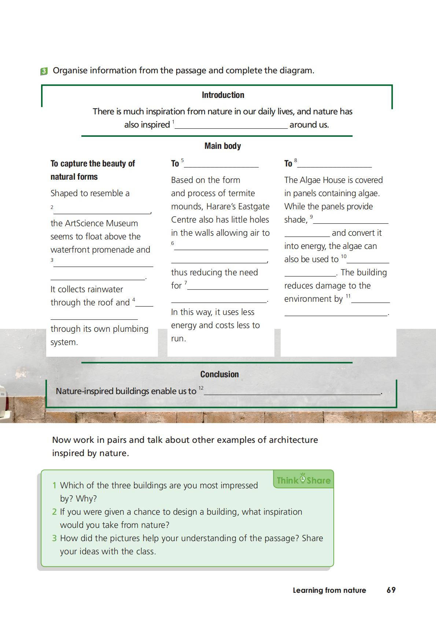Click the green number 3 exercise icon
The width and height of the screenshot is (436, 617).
[44, 71]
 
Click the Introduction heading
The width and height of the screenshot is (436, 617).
[223, 95]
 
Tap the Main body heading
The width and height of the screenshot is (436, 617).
[223, 146]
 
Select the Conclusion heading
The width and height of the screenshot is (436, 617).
[219, 374]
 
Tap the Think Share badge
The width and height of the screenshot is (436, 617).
[303, 480]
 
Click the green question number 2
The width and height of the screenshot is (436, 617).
[54, 512]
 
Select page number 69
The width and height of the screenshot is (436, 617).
[391, 590]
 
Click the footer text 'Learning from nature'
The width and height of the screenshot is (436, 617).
[329, 590]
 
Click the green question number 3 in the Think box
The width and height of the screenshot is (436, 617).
[54, 538]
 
